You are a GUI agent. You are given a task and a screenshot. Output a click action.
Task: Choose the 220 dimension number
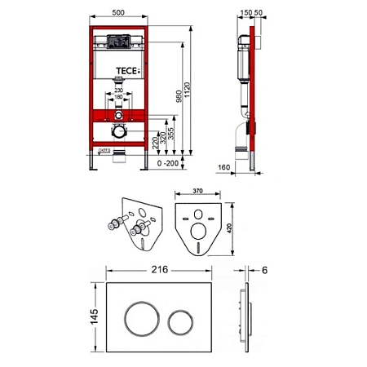(152, 141)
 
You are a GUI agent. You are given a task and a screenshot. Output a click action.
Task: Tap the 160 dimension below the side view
(224, 170)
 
